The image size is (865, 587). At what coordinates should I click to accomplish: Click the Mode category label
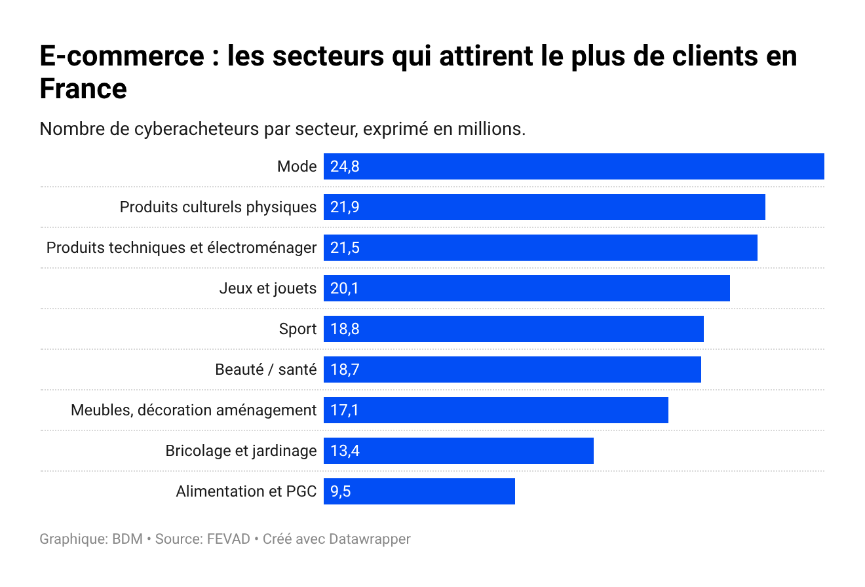[x=297, y=166]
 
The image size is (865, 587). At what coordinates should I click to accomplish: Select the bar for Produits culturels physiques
[x=544, y=207]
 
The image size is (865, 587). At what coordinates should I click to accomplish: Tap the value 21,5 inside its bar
[x=345, y=248]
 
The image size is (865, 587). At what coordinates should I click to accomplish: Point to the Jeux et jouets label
[x=267, y=288]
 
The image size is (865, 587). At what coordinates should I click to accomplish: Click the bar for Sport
[x=513, y=329]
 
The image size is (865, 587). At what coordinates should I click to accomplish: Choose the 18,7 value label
[x=345, y=369]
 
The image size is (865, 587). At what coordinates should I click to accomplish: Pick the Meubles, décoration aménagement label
[x=193, y=410]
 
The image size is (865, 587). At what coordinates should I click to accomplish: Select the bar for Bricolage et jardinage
[x=458, y=451]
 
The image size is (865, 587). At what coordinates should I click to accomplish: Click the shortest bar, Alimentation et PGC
[x=419, y=491]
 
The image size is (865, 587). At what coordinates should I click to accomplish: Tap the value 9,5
[x=341, y=491]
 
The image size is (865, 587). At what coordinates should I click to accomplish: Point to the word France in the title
[x=83, y=88]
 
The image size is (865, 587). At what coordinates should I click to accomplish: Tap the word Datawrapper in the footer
[x=370, y=539]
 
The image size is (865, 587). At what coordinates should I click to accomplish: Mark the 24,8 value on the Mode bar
[x=345, y=166]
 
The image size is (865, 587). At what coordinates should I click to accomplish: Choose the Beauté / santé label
[x=265, y=369]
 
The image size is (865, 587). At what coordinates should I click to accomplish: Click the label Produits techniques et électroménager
[x=181, y=248]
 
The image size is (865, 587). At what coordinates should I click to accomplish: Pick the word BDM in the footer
[x=127, y=539]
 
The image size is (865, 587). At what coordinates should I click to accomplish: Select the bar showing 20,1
[x=526, y=288]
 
